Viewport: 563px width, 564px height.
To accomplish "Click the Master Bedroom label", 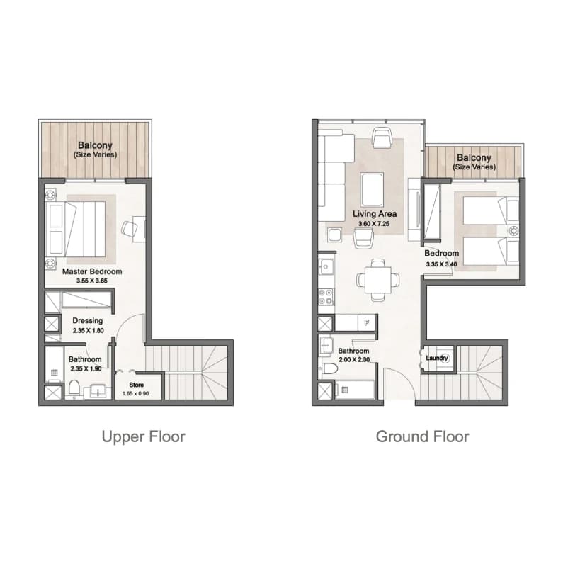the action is [92, 271].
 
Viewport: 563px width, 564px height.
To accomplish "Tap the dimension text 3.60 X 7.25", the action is [374, 224].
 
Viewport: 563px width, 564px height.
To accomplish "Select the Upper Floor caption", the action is [144, 436].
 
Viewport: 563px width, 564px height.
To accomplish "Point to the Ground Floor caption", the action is [423, 436].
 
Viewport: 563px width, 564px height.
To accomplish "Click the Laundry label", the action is [437, 358].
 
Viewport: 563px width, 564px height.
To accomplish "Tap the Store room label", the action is [137, 385].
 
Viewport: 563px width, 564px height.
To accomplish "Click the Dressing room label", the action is [87, 320].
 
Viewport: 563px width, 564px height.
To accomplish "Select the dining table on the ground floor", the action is [378, 280].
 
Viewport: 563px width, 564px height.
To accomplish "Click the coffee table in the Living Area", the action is [373, 189].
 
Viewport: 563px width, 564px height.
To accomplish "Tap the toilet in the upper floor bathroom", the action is [74, 388].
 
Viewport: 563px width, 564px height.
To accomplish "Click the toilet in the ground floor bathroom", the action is [330, 368].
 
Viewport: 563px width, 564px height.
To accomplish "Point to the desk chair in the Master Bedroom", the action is [130, 228].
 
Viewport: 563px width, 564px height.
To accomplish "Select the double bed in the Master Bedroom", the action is [76, 229].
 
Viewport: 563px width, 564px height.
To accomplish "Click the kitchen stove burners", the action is [326, 296].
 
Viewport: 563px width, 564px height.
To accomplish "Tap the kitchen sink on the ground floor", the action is [326, 267].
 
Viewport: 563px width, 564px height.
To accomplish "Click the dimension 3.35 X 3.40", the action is [441, 264].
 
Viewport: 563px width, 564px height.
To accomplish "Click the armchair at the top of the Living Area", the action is [382, 137].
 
